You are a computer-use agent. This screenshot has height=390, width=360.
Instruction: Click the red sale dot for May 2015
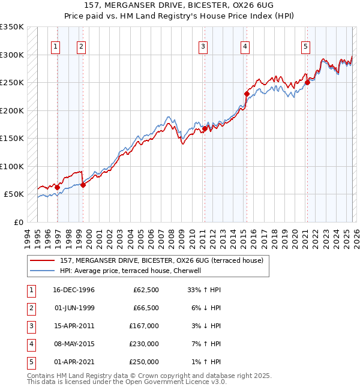click(247, 94)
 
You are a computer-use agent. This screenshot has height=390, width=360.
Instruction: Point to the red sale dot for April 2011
click(205, 128)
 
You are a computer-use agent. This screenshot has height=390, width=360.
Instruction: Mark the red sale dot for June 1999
click(83, 185)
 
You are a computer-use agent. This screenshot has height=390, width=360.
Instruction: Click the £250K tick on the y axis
click(12, 83)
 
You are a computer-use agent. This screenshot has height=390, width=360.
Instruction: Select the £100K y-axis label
click(12, 166)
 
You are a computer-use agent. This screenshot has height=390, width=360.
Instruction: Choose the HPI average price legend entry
click(130, 271)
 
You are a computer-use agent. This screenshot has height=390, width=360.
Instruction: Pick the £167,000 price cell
click(144, 326)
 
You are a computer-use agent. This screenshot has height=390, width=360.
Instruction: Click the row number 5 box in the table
click(31, 362)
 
